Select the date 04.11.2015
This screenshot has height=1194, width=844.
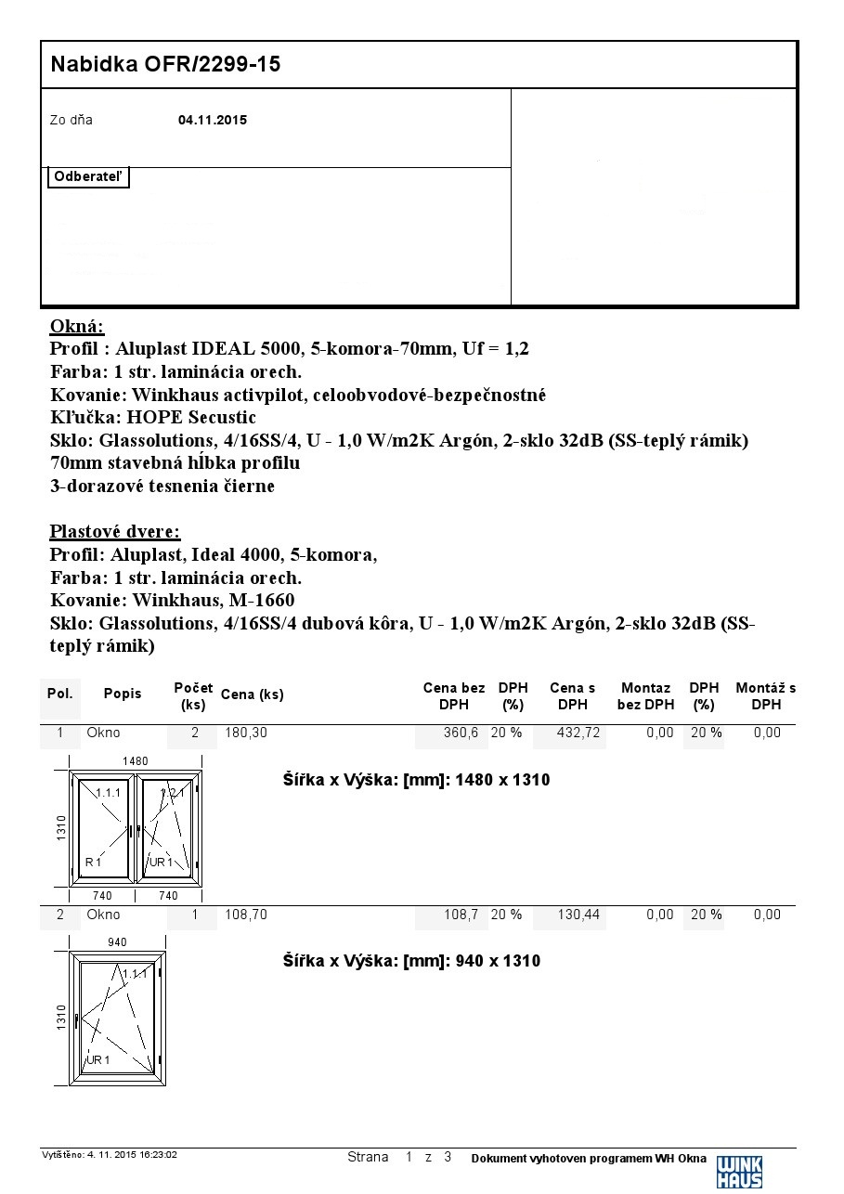click(x=213, y=120)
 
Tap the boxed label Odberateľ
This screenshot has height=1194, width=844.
click(x=88, y=177)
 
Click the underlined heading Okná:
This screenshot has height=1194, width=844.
click(x=77, y=327)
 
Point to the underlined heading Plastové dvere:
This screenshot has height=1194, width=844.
click(x=115, y=532)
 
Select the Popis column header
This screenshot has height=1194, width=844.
click(x=123, y=694)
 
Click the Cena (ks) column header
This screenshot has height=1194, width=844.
click(x=253, y=694)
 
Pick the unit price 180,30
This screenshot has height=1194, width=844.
click(x=246, y=733)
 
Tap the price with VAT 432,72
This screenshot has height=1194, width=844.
click(x=578, y=733)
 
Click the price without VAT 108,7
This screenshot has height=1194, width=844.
click(x=461, y=915)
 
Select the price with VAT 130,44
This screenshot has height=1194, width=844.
click(x=578, y=915)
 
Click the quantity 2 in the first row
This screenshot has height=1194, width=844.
click(x=195, y=733)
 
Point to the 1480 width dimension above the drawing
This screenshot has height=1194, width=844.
click(x=136, y=761)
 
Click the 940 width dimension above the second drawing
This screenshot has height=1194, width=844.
click(x=117, y=942)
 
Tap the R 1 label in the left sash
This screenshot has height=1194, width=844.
click(x=93, y=863)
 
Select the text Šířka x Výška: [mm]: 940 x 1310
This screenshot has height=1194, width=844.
click(x=411, y=961)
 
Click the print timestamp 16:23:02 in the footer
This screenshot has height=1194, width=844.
click(x=159, y=1155)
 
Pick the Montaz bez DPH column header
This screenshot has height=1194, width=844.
click(x=645, y=695)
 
